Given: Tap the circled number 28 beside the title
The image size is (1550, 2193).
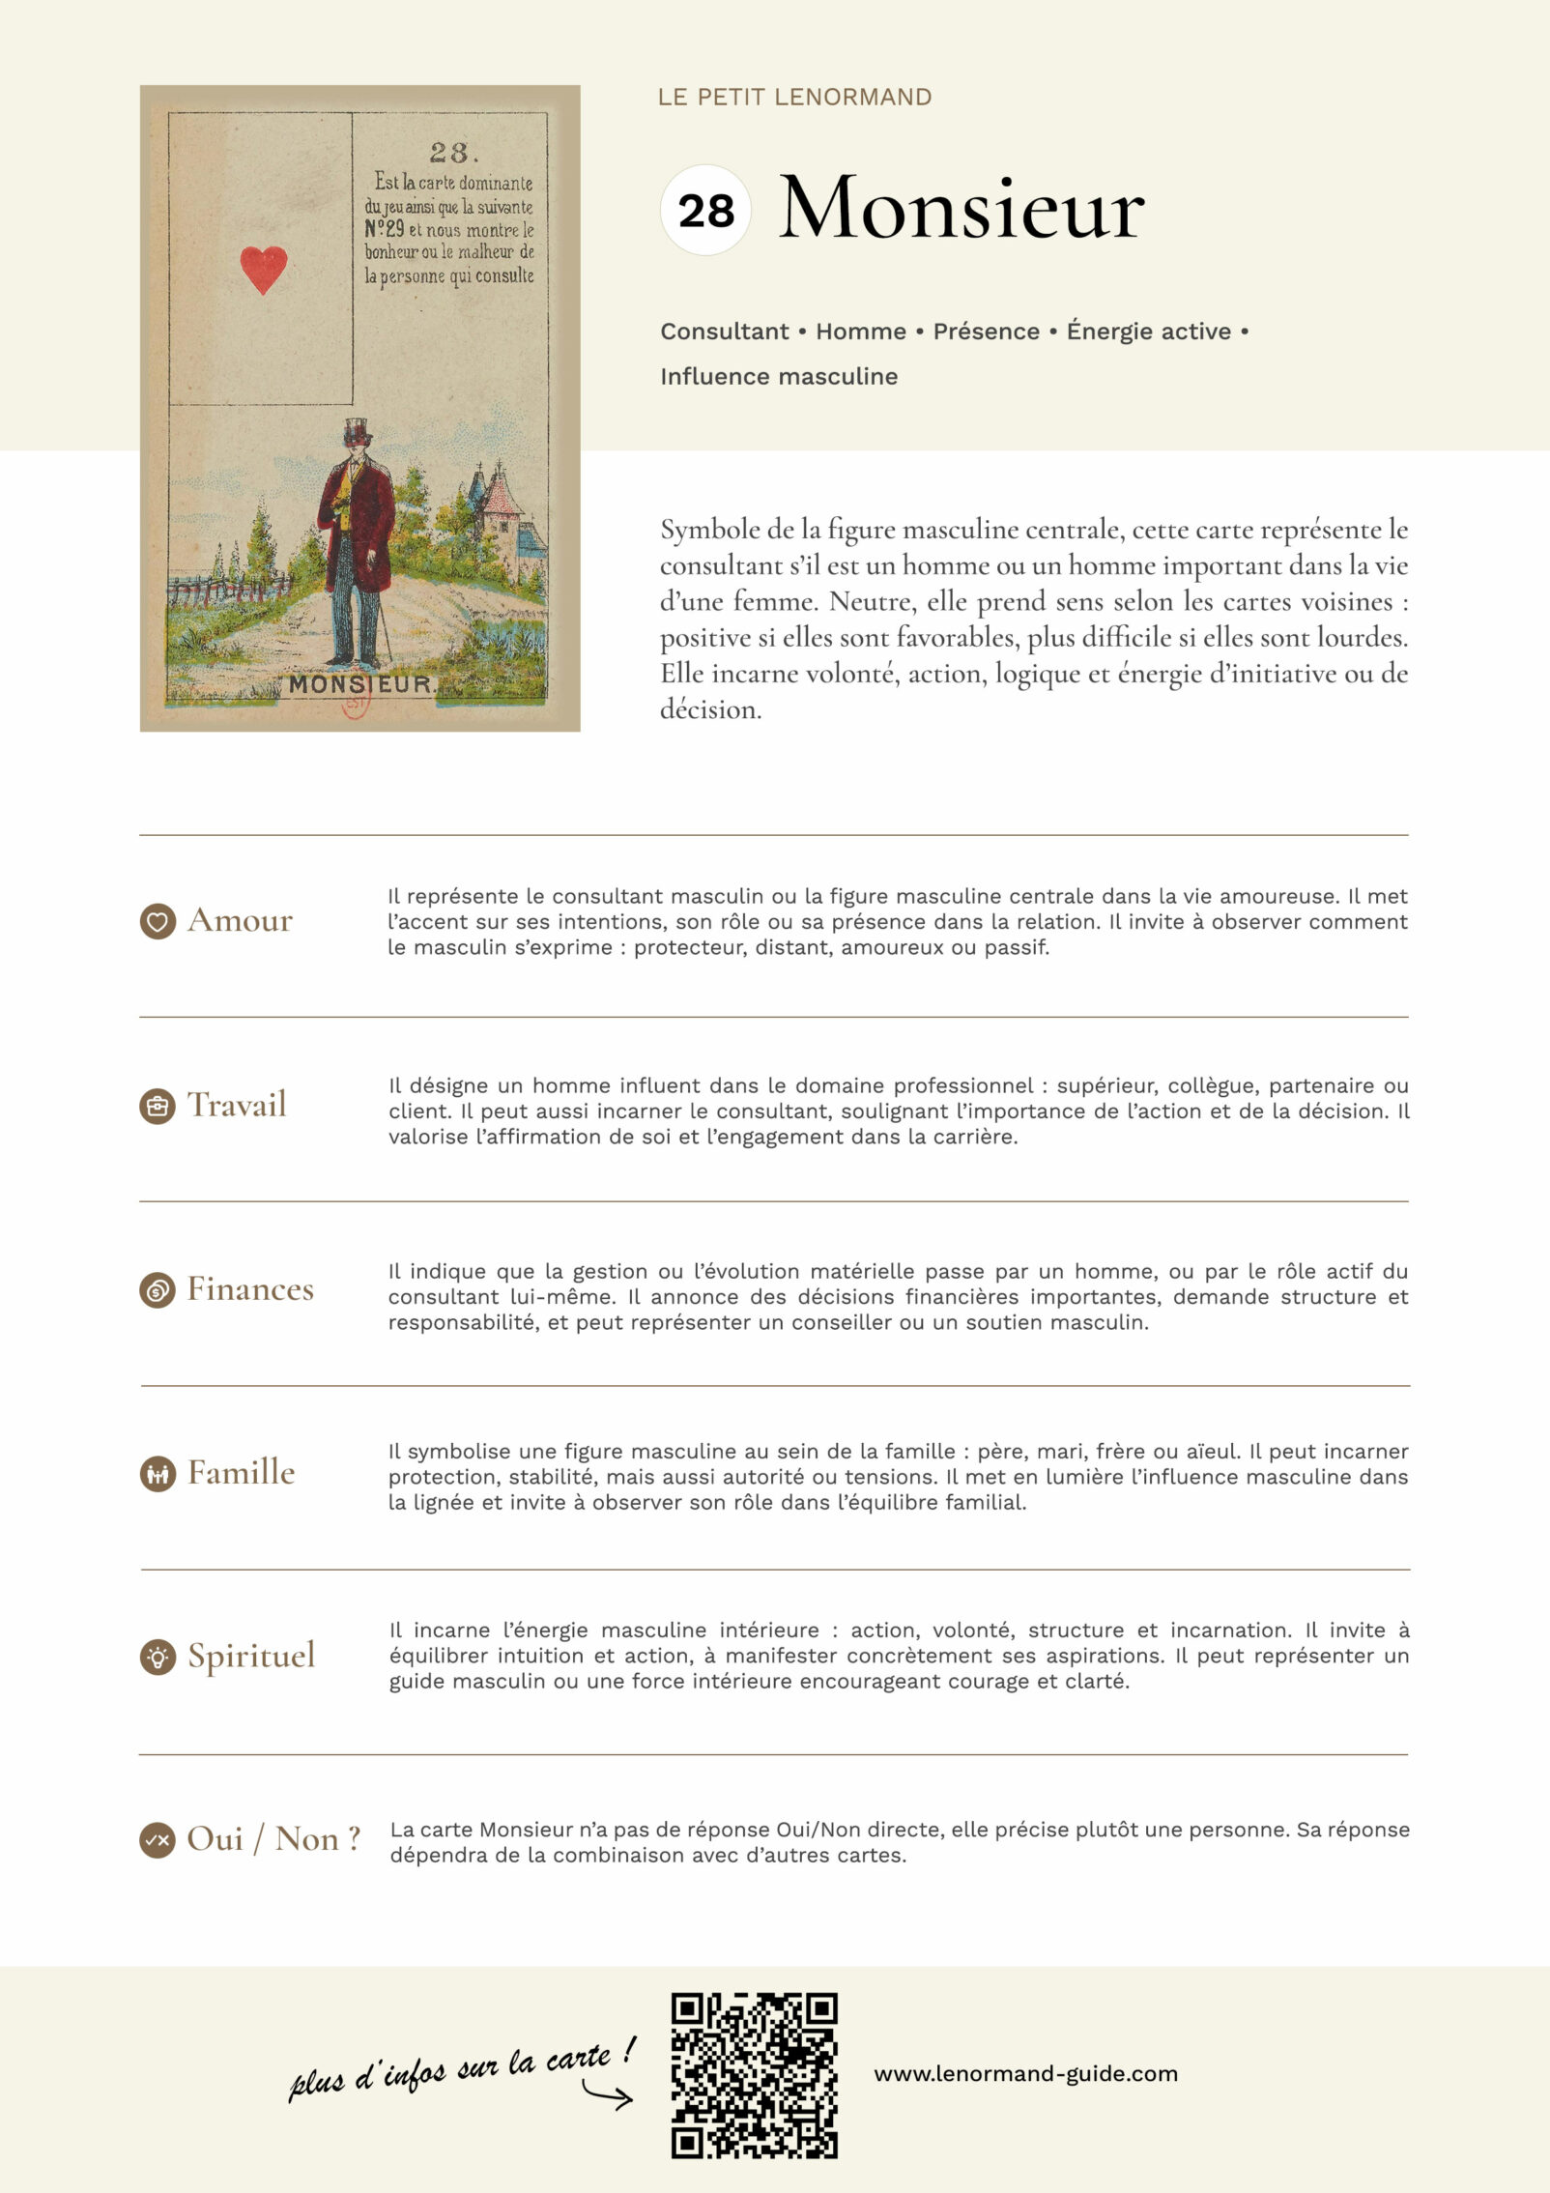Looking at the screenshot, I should pyautogui.click(x=705, y=211).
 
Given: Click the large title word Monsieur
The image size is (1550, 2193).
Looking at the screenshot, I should pyautogui.click(x=962, y=209).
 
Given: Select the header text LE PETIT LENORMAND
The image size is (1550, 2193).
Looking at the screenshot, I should pyautogui.click(x=794, y=97).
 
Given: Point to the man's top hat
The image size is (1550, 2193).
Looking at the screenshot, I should pyautogui.click(x=359, y=429).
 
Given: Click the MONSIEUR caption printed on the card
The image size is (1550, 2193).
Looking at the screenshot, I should pyautogui.click(x=360, y=683).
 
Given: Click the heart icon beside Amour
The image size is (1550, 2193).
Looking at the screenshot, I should pyautogui.click(x=158, y=921).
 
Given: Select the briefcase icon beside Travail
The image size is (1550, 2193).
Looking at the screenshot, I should pyautogui.click(x=158, y=1106).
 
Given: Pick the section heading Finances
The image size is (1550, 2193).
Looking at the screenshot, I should pyautogui.click(x=250, y=1289).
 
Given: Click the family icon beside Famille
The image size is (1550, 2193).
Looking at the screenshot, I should pyautogui.click(x=158, y=1474).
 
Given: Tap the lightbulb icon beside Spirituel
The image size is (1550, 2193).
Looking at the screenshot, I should pyautogui.click(x=158, y=1657).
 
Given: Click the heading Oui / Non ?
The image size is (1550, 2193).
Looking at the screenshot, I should pyautogui.click(x=273, y=1839).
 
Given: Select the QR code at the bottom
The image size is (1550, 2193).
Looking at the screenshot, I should pyautogui.click(x=754, y=2074).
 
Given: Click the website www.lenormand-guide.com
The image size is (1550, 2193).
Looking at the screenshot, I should pyautogui.click(x=1025, y=2074).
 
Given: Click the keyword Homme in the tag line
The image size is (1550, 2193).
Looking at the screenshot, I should pyautogui.click(x=860, y=332).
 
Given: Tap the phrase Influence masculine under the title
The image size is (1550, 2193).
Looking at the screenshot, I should pyautogui.click(x=779, y=377).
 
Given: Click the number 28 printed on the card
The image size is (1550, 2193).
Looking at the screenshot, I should pyautogui.click(x=448, y=153).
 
